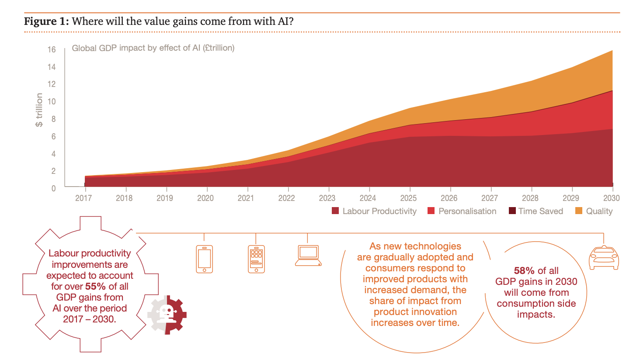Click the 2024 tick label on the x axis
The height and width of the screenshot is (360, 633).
[x=369, y=197]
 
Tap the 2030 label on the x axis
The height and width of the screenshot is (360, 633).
[x=612, y=197]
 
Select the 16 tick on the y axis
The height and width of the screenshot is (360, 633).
[x=52, y=49]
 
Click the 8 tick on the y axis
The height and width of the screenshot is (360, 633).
[x=53, y=119]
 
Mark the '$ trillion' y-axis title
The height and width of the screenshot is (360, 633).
[x=40, y=110]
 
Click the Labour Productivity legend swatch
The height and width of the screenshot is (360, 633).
[x=335, y=211]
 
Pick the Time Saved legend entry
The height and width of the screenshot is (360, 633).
[x=540, y=211]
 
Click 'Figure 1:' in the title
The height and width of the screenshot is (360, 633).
[x=46, y=22]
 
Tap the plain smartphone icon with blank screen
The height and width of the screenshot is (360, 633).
[x=204, y=259]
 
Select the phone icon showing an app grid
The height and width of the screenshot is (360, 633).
[x=256, y=259]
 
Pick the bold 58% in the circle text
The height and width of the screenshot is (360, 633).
[x=523, y=271]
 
